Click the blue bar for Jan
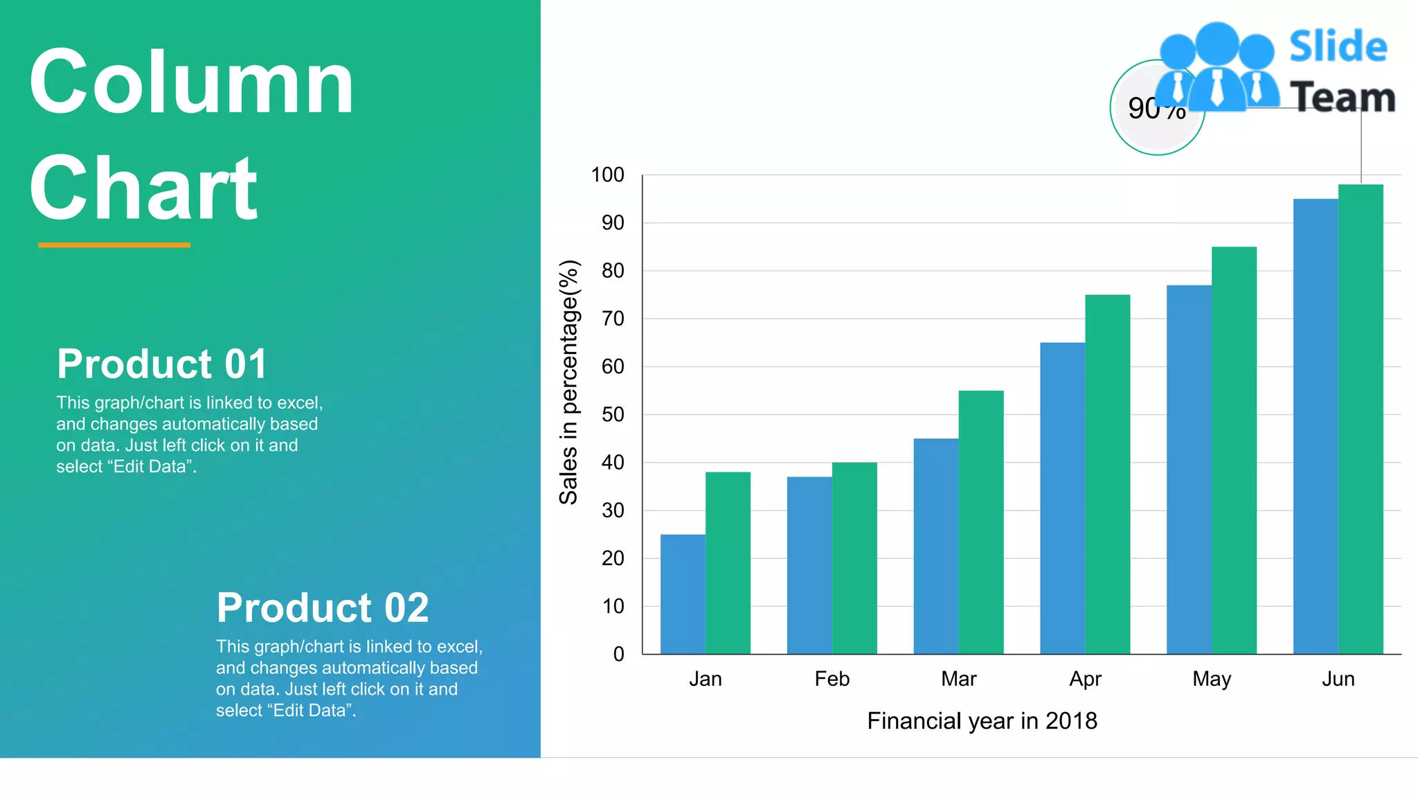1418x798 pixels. [683, 594]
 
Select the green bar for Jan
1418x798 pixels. [728, 562]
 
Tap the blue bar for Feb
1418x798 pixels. [809, 565]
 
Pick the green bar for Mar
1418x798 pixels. [980, 522]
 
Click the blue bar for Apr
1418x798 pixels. [1062, 498]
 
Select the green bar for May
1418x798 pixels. [1234, 450]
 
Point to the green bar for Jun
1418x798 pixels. [1361, 419]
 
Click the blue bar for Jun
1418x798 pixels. [1316, 426]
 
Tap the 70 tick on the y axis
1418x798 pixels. [613, 319]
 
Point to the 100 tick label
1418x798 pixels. [607, 175]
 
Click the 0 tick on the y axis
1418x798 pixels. [618, 654]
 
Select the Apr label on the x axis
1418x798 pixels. [1085, 679]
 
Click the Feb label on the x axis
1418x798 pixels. [832, 679]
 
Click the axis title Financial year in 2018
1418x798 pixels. [982, 721]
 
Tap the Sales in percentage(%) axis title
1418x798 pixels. [568, 382]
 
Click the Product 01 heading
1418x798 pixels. [162, 364]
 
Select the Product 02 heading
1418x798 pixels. [323, 608]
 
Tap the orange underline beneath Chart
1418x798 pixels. [114, 245]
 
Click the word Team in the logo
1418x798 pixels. [1343, 97]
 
